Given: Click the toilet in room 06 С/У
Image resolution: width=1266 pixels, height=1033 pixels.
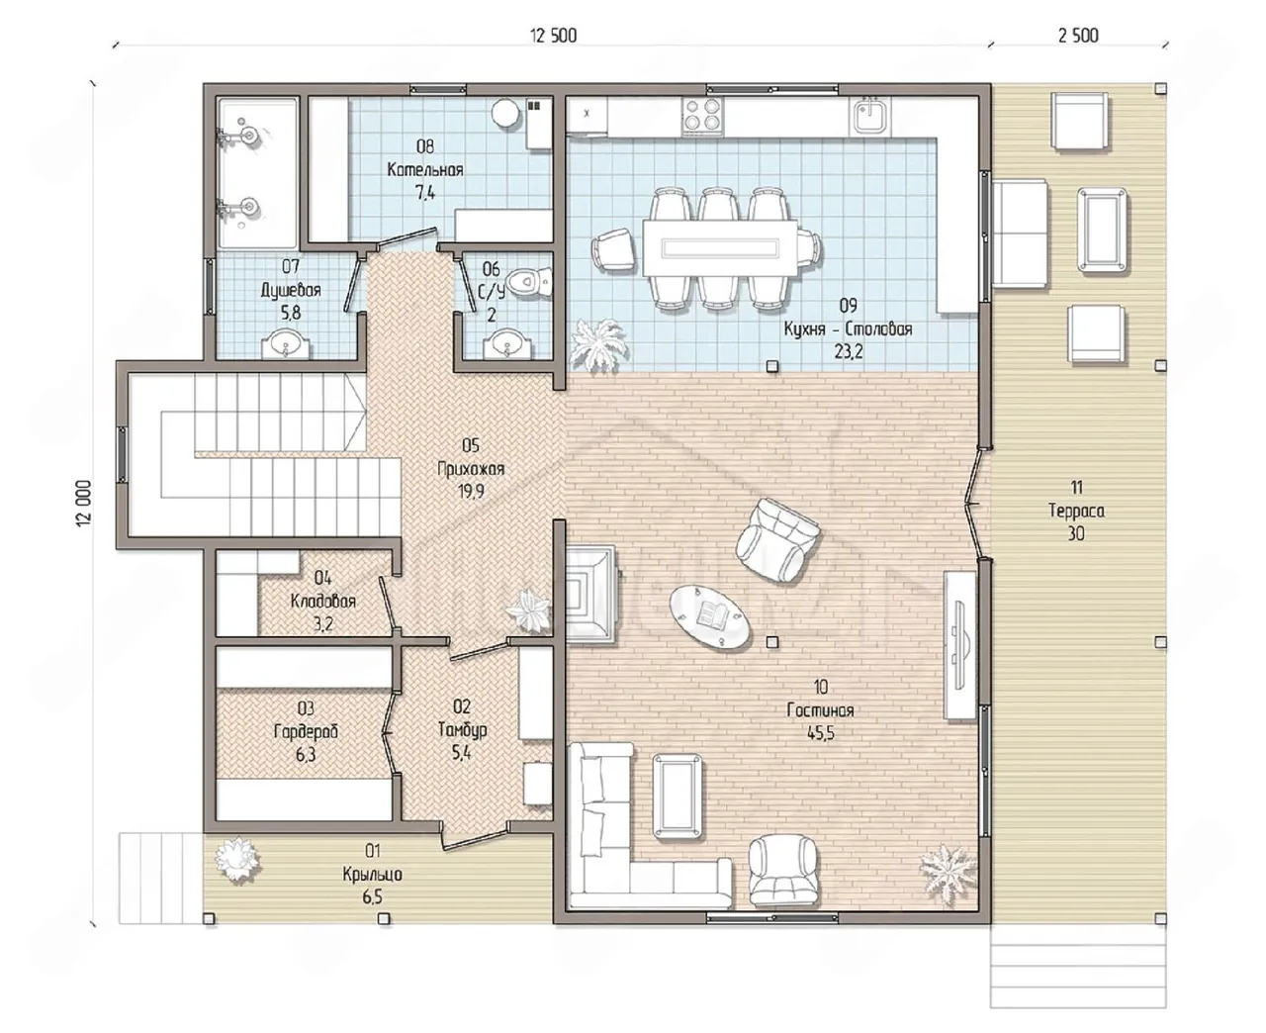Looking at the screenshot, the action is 529,282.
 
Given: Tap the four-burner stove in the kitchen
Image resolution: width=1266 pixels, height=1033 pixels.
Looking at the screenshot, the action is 702,116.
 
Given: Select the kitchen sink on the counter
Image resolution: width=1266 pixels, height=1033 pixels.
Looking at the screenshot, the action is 869,116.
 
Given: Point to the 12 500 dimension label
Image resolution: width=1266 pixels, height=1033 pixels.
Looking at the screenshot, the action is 553,36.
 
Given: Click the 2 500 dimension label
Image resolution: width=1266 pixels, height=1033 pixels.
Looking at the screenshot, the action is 1078,36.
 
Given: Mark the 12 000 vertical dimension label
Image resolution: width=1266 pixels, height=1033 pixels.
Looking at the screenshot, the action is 84,504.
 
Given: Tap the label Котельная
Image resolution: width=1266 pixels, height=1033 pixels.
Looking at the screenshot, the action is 425,170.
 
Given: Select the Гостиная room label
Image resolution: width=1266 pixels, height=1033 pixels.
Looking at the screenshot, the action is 820,710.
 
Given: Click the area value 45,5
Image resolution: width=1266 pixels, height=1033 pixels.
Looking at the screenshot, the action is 821,733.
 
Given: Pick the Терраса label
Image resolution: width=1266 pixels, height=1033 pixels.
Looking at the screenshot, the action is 1076,512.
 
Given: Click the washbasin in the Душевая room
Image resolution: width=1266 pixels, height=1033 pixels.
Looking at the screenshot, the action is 286,344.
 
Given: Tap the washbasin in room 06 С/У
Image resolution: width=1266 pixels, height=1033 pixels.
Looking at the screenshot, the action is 507,344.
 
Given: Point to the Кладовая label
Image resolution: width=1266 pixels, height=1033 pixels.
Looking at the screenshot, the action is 323,602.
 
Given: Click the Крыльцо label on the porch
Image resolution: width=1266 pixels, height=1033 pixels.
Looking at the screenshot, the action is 372,875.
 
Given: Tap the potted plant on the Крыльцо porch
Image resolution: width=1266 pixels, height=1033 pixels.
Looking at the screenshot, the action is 239,860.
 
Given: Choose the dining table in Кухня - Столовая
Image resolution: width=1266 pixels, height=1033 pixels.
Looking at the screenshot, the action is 720,248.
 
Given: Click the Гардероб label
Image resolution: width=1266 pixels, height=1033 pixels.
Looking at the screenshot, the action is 306,732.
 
